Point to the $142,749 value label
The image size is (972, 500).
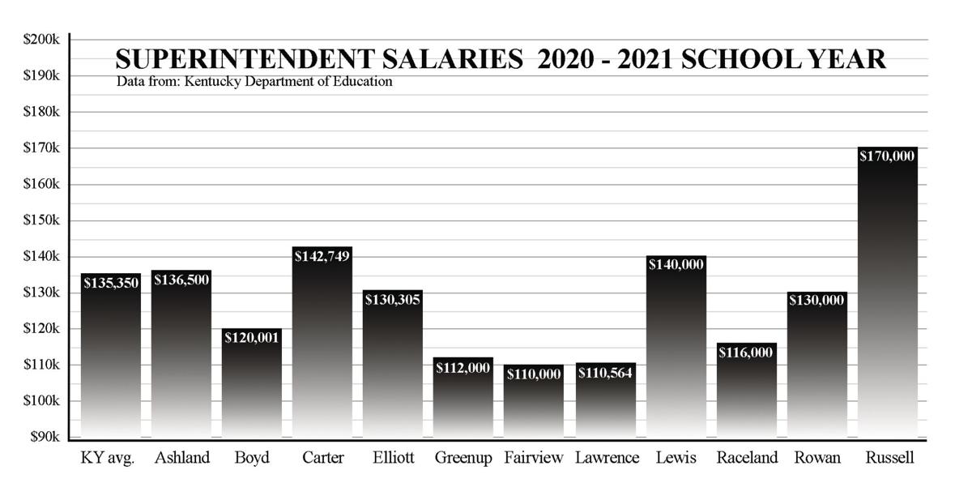pos(322,256)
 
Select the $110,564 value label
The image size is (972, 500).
pos(605,373)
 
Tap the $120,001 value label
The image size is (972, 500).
pos(252,338)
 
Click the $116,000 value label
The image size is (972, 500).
pos(746,353)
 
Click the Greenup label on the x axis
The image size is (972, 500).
pos(463,458)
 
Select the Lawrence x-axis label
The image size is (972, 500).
pos(607,458)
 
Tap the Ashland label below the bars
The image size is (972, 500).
pos(181,458)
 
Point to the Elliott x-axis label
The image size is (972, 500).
pos(393,458)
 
